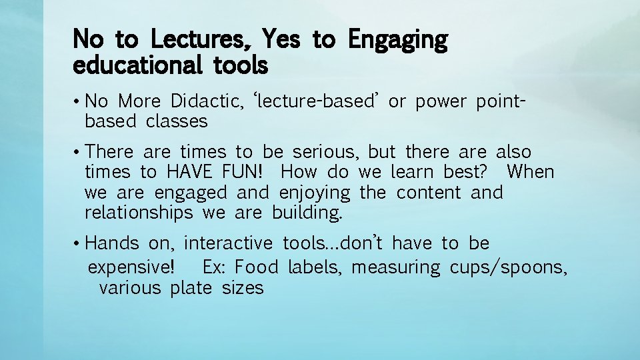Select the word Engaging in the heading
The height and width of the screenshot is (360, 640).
point(398,41)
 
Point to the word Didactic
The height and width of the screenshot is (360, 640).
point(207,101)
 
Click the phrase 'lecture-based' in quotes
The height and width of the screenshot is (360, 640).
point(317,101)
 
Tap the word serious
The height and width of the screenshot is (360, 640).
point(328,151)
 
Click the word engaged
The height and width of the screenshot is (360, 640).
point(191,193)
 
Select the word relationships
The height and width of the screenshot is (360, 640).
point(139,213)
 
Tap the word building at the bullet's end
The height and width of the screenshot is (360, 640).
point(307,213)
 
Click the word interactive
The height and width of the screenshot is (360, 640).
point(228,243)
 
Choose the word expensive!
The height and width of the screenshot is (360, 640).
point(132,267)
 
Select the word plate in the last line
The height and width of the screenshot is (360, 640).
point(191,288)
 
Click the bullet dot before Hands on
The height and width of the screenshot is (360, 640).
point(78,243)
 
